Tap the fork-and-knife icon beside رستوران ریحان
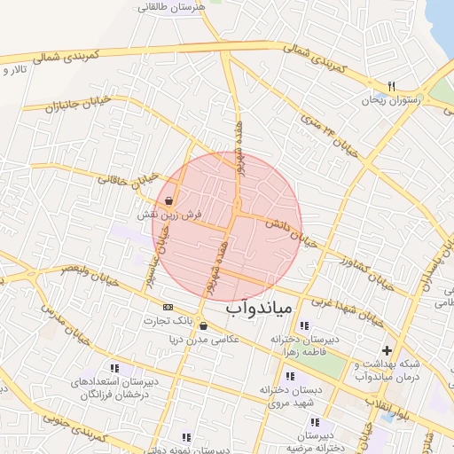click(392, 86)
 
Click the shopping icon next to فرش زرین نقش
click(169, 201)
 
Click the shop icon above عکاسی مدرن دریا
click(205, 325)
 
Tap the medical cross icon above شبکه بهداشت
click(387, 351)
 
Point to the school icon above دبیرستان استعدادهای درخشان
click(113, 367)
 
